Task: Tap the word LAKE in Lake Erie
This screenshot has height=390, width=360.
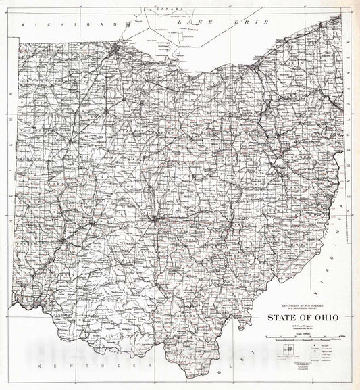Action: coord(188,22)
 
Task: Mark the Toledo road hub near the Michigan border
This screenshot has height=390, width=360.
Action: coord(118,48)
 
